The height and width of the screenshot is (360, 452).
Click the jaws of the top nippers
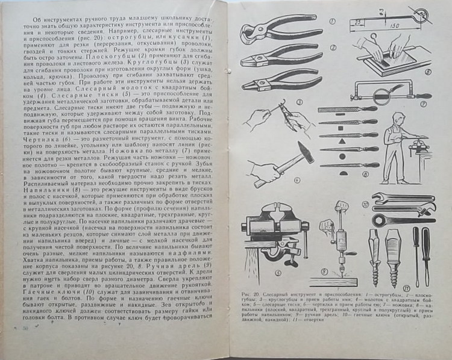[250, 28]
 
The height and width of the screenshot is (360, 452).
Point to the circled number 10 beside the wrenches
[439, 208]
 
